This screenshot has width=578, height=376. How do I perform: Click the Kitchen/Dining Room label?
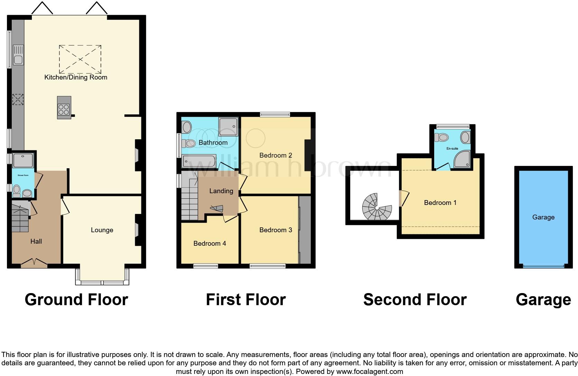[x=76, y=77]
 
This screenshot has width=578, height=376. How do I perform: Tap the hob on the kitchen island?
[x=64, y=110]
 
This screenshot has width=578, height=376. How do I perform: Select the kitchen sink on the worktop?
[x=18, y=55]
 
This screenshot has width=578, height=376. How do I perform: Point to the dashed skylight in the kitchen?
[x=80, y=59]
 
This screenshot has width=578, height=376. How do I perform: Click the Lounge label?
[x=102, y=230]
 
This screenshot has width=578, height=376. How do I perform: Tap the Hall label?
[x=36, y=241]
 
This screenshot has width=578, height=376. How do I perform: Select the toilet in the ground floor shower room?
[x=16, y=190]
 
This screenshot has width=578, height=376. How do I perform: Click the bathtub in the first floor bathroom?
[x=199, y=161]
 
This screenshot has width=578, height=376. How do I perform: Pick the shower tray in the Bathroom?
[x=228, y=126]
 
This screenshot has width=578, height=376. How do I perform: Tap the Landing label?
[x=221, y=191]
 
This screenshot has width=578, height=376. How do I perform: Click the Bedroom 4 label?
[x=209, y=243]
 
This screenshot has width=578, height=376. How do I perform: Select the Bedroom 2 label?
[x=276, y=155]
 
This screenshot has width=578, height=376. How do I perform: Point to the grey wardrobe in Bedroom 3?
[x=305, y=230]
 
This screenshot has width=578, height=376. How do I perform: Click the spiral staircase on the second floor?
[x=377, y=207]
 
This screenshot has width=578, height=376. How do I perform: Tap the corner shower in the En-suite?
[x=463, y=159]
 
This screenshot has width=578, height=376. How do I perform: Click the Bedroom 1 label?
[x=440, y=203]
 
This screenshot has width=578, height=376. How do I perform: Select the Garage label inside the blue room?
[x=543, y=217]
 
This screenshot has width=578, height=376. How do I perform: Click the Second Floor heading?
[x=415, y=299]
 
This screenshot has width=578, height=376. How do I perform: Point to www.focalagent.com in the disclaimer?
[x=369, y=372]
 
